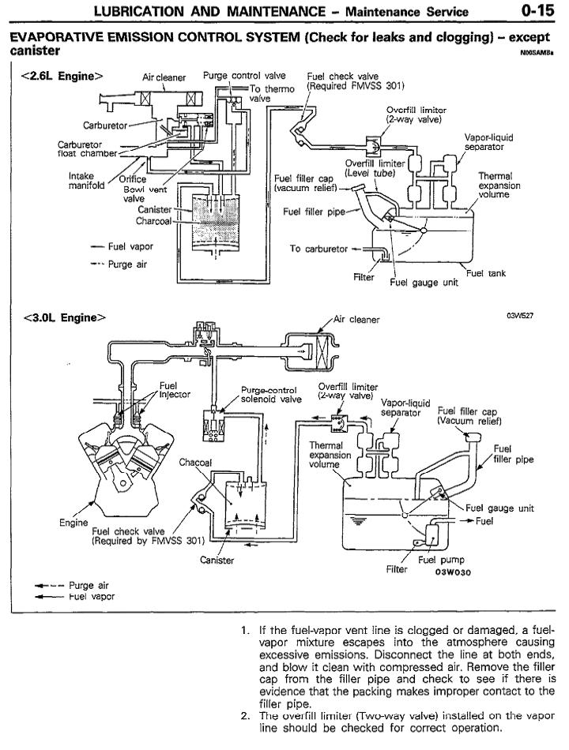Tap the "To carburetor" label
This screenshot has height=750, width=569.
[x=318, y=249]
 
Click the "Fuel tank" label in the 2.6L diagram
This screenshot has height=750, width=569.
[x=485, y=273]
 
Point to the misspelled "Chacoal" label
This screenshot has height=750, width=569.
[x=196, y=462]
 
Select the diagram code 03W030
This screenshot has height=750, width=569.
[x=452, y=574]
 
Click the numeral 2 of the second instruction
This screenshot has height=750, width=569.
[x=244, y=716]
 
